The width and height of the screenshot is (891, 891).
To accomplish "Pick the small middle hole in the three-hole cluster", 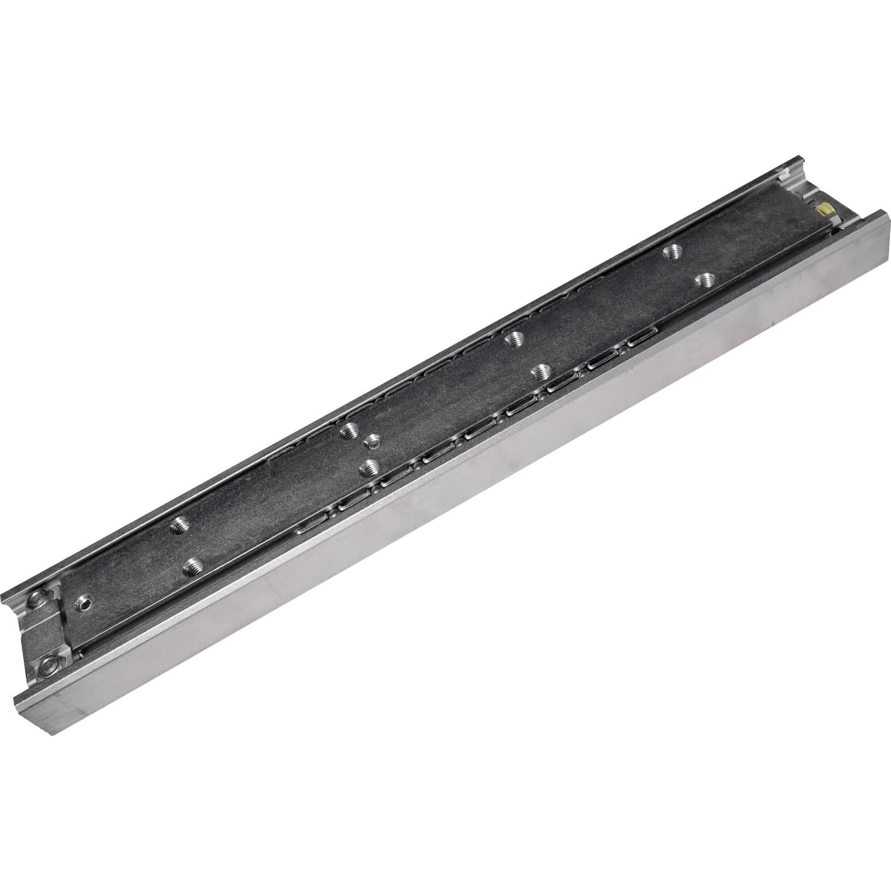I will coord(373,440).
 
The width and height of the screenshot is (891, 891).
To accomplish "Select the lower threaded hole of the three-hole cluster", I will coord(371,466).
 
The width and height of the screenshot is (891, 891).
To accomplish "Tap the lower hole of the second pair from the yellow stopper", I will coord(540,372).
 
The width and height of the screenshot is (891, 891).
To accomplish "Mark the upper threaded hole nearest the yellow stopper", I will coord(672,251).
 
